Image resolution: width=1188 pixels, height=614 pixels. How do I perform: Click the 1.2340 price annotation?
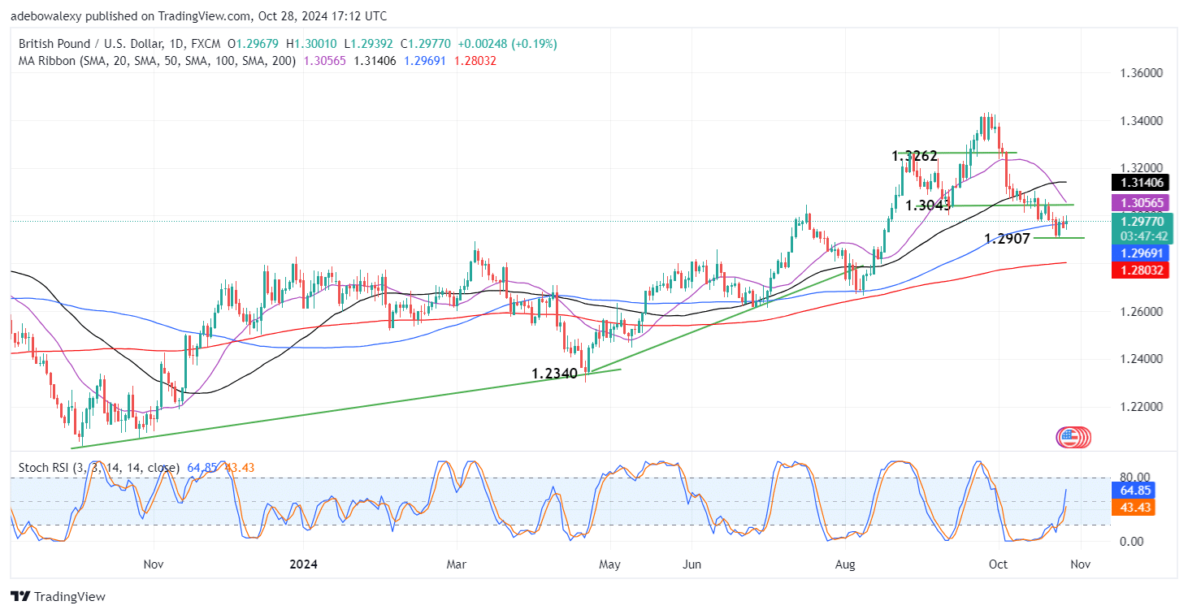(x=554, y=374)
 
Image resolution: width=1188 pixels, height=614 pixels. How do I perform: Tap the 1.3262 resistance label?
(x=914, y=155)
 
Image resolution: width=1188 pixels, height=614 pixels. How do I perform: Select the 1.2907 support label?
(x=1007, y=239)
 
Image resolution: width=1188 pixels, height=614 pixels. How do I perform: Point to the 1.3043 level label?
(x=928, y=205)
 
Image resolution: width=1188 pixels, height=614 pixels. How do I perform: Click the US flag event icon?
(x=1069, y=437)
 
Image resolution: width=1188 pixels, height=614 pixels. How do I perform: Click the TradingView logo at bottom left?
(x=59, y=597)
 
